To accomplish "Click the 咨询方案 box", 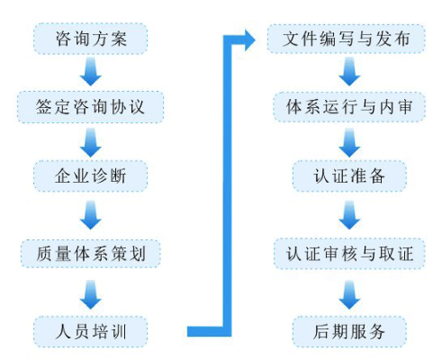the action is [x=90, y=39].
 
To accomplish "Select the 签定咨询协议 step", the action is [x=90, y=107].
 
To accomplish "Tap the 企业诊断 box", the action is [x=90, y=175].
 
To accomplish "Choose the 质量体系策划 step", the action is [x=90, y=254].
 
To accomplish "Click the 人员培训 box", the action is [x=90, y=332].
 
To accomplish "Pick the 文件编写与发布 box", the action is [x=347, y=39].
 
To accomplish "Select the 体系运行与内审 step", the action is [x=349, y=107].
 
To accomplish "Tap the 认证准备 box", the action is [x=349, y=175].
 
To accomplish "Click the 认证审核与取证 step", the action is [x=349, y=254].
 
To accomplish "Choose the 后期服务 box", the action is [x=349, y=332].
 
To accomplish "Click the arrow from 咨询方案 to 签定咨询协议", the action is [x=91, y=72].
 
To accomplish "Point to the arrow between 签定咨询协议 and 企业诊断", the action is [x=91, y=142].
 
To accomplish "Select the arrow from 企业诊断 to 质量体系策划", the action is [x=91, y=215].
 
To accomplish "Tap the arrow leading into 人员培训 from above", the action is [x=91, y=295].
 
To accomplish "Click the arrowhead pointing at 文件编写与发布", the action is [x=249, y=40].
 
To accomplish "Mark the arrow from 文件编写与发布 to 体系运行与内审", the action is [x=349, y=72].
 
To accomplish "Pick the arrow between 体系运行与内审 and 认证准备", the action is [x=349, y=142].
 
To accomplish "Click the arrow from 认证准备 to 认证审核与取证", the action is [x=349, y=215].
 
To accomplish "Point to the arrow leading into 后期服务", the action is [x=349, y=295].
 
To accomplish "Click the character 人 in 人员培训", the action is [x=63, y=332].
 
